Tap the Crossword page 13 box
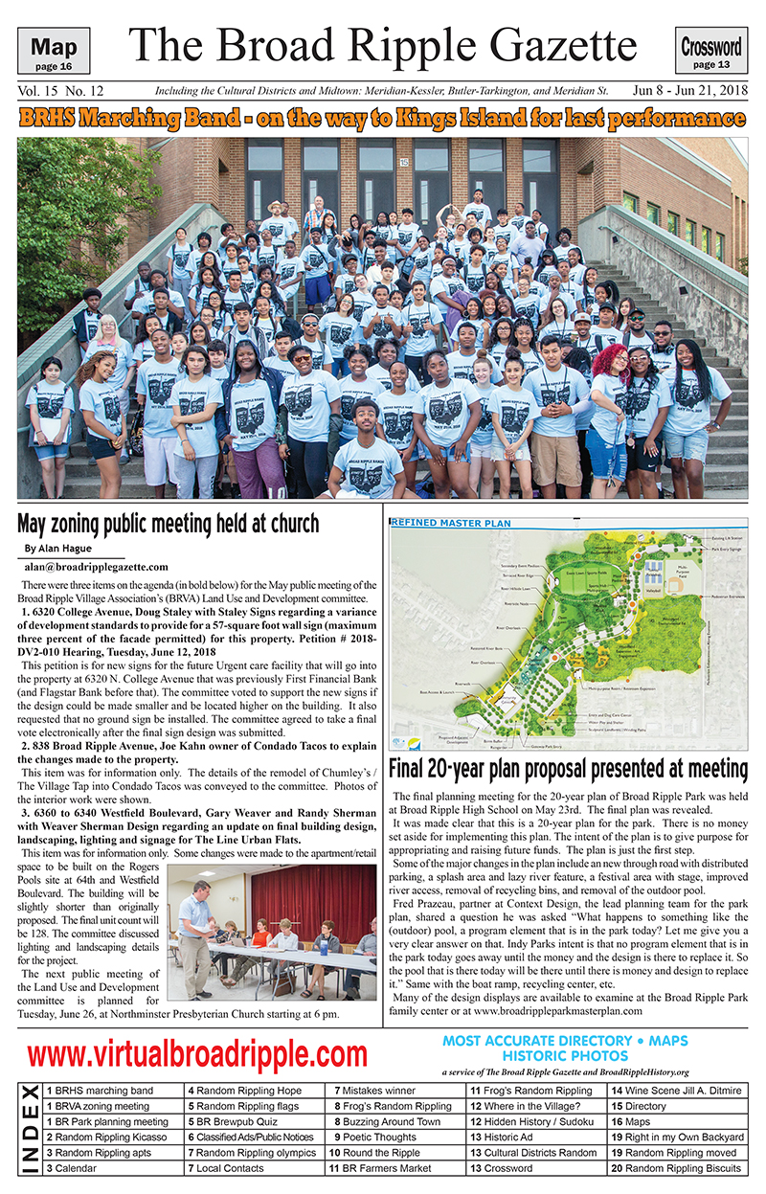click(x=711, y=51)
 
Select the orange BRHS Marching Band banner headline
click(x=382, y=119)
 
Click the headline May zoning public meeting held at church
click(x=169, y=524)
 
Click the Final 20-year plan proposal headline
click(x=569, y=768)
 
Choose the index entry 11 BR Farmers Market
click(x=379, y=1168)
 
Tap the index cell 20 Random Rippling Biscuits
click(x=676, y=1168)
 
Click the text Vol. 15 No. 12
click(x=60, y=91)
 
